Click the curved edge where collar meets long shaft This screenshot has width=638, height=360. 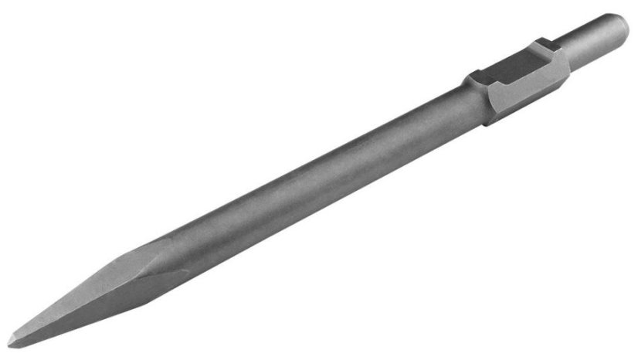(x=488, y=116)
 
